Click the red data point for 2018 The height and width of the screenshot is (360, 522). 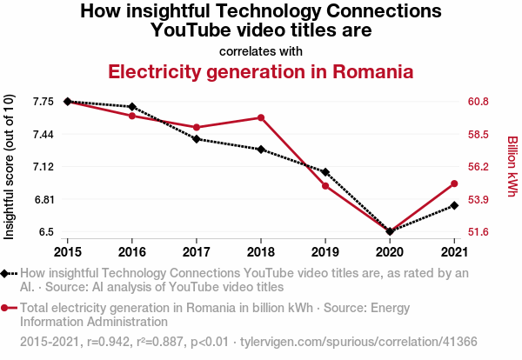coord(260,117)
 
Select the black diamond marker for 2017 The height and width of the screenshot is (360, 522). coord(196,139)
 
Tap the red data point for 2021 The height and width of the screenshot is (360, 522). coord(454,183)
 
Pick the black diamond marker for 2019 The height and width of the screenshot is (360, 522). coord(325,172)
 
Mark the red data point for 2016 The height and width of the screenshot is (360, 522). coord(131,116)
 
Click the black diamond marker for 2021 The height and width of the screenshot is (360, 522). coord(454,205)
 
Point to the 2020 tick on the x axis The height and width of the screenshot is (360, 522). coord(390,252)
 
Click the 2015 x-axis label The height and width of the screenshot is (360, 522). coord(67,252)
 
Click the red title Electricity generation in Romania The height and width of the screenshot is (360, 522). coord(260,71)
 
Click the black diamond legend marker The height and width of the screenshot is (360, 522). coord(6,273)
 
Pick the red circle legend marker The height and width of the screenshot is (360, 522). coord(6,307)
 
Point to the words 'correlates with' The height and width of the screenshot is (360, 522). coord(261,51)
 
